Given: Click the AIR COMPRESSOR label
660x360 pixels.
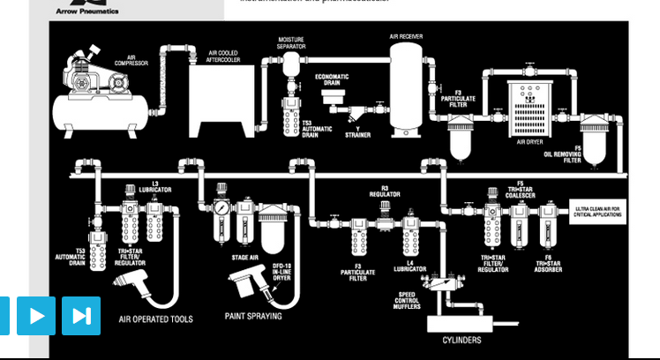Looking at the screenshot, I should tap(137, 61).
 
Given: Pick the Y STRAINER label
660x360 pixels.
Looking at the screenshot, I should tap(358, 132).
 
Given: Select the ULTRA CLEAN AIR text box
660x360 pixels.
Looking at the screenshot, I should tap(597, 212).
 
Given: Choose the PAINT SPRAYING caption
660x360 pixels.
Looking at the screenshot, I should tap(253, 315).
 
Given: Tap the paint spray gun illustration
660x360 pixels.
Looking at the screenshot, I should tap(249, 284).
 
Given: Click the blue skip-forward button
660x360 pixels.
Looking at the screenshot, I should tap(80, 316).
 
